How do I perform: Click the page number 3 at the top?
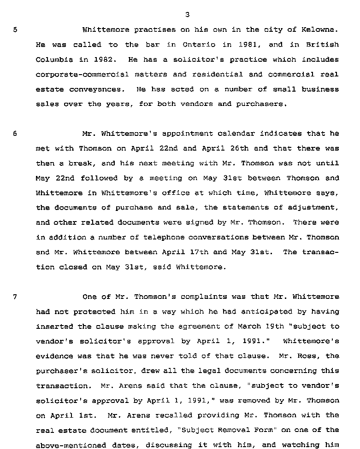[187, 15]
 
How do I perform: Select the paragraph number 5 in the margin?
[15, 30]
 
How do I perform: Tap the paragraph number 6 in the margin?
[15, 134]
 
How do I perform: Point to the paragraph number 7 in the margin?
[15, 297]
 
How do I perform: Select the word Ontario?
[198, 45]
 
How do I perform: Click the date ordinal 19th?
[284, 326]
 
